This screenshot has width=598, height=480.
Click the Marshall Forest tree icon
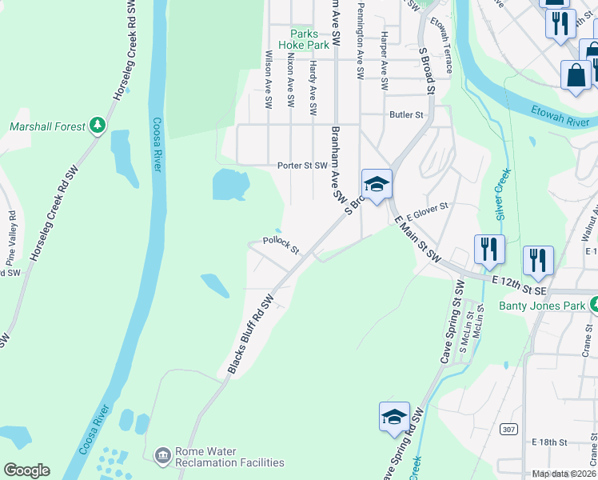pos(98,126)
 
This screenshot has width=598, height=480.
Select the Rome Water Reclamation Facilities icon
pos(162,455)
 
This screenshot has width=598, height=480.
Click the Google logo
pos(26,470)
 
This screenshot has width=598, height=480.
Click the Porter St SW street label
pos(302,166)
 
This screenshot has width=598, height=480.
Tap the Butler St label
pos(406,115)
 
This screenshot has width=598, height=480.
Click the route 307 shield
pos(508,430)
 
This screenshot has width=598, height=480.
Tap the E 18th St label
pos(548,442)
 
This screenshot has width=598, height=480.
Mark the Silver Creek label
pos(502,194)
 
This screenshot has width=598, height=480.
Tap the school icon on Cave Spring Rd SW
pos(394,417)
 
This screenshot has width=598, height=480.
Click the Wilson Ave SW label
pos(268,80)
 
